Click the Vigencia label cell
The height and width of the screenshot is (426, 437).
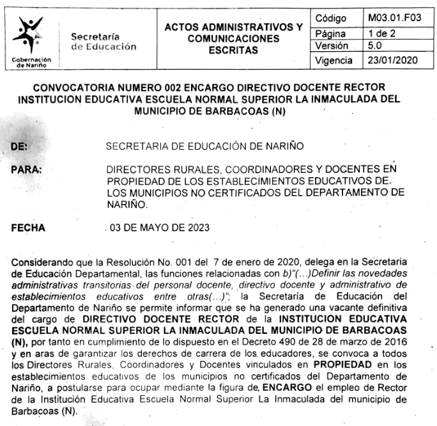pos(335,61)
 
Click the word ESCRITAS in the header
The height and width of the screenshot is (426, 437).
pos(233,50)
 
